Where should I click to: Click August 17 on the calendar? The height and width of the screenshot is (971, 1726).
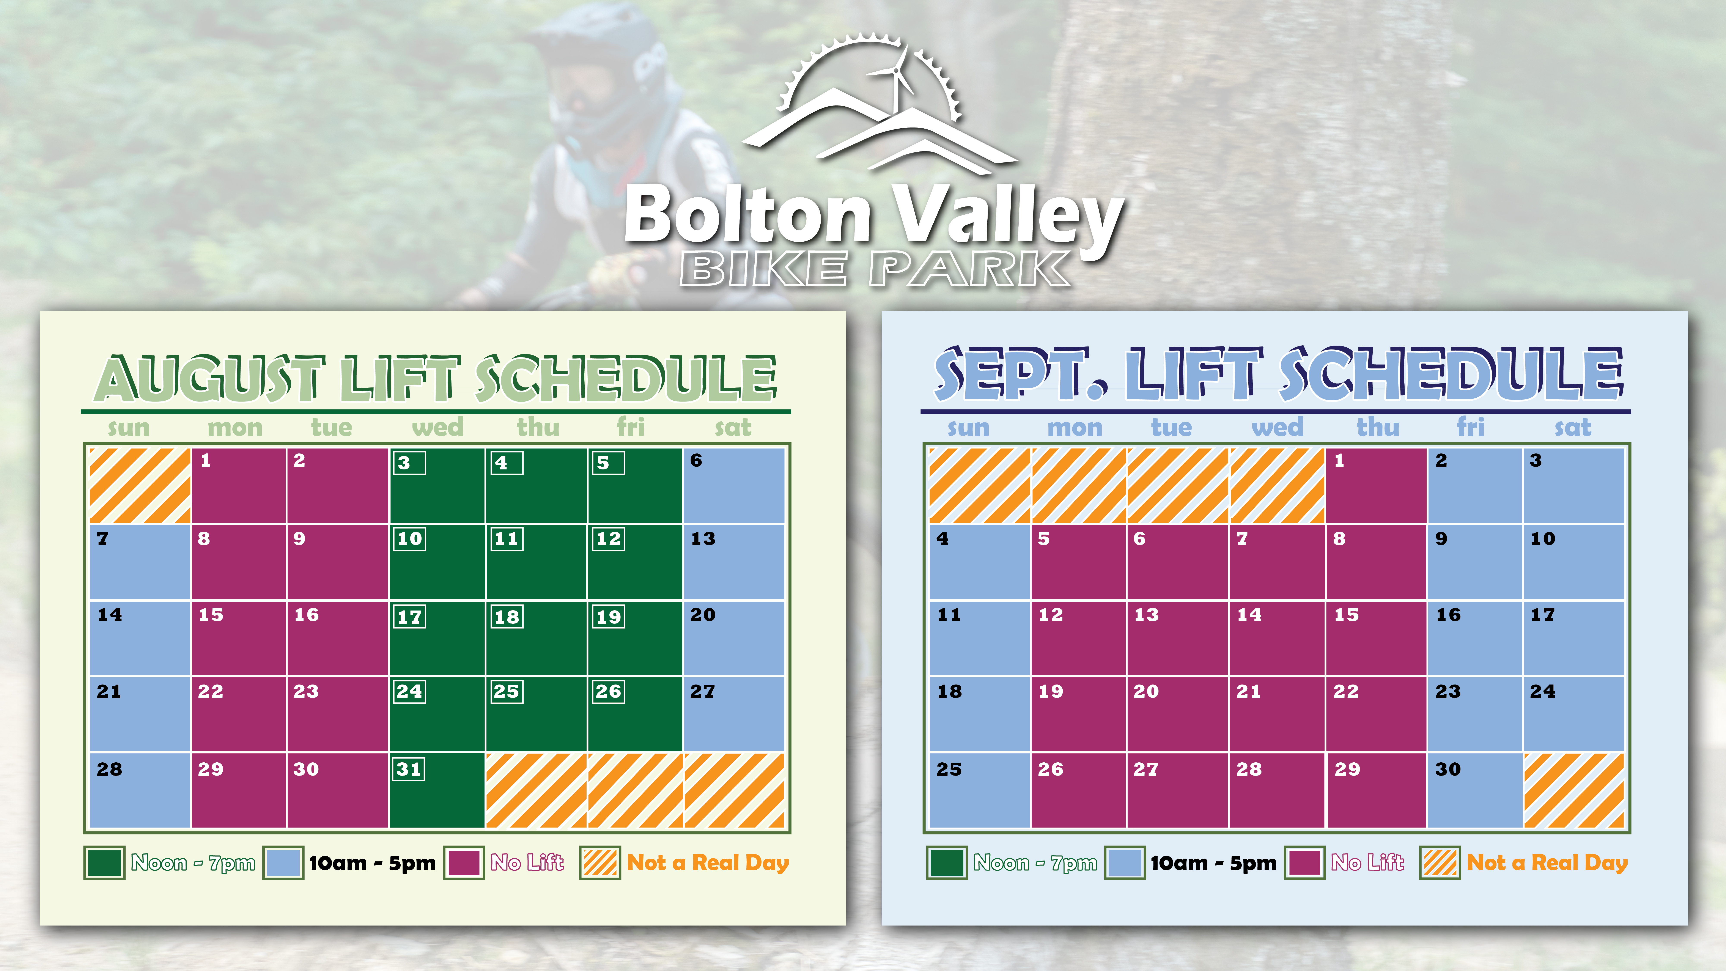(437, 638)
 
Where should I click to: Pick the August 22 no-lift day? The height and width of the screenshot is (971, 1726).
(239, 714)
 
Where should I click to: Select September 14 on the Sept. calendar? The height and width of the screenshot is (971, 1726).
(1277, 638)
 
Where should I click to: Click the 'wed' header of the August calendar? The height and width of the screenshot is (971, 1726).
(437, 427)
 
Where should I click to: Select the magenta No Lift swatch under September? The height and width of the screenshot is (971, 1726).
(1304, 862)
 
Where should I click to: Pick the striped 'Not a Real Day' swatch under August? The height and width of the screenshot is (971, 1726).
(600, 862)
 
